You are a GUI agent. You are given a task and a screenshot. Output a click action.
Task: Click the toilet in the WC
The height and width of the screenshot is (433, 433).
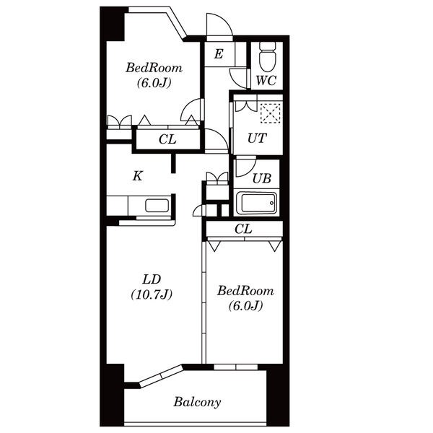pyautogui.click(x=268, y=56)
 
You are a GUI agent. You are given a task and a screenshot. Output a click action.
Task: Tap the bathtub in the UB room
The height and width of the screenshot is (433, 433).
pyautogui.click(x=255, y=203)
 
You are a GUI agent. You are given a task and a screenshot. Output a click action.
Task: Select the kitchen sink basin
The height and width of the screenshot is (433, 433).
pyautogui.click(x=157, y=206)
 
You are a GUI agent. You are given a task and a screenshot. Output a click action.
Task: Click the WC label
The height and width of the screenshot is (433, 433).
pyautogui.click(x=266, y=81)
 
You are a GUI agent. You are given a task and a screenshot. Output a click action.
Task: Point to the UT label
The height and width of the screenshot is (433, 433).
pyautogui.click(x=257, y=138)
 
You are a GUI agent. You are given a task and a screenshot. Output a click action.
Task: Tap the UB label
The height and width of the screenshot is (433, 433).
pyautogui.click(x=262, y=178)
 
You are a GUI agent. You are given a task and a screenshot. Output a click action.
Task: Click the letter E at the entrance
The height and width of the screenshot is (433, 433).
pyautogui.click(x=219, y=54)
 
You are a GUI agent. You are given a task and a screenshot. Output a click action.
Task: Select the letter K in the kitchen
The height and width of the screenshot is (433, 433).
pyautogui.click(x=138, y=175)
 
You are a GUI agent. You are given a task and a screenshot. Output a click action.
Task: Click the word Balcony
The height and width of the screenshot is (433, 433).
pyautogui.click(x=197, y=402)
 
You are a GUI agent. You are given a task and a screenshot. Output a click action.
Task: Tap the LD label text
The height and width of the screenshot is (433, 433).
pyautogui.click(x=152, y=279)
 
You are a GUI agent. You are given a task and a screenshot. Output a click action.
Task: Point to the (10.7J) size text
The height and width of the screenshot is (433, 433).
pyautogui.click(x=152, y=294)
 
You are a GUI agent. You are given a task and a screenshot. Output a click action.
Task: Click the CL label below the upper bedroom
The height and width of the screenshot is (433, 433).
pyautogui.click(x=167, y=139)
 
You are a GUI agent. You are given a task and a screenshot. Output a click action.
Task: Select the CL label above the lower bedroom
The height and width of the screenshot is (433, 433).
pyautogui.click(x=243, y=229)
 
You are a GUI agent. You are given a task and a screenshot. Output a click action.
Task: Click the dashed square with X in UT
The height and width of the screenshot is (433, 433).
pyautogui.click(x=271, y=113)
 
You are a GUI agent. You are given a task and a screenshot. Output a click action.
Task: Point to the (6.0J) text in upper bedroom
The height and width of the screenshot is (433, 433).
pyautogui.click(x=154, y=82)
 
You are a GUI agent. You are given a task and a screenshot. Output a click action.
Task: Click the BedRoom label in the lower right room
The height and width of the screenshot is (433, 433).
pyautogui.click(x=245, y=291)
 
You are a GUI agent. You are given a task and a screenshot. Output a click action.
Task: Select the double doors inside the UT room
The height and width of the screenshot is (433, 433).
pyautogui.click(x=246, y=105)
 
